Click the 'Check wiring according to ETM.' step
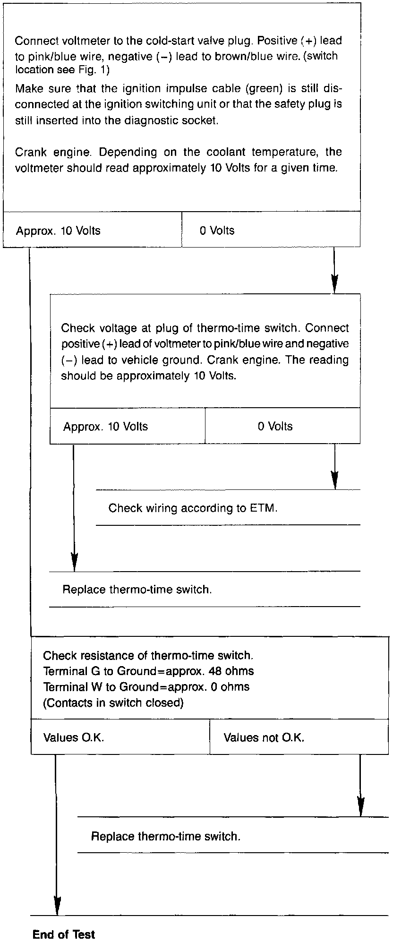point(193,508)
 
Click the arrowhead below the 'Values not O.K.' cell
point(360,808)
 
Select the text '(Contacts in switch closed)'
point(113,702)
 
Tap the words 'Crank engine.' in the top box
point(52,153)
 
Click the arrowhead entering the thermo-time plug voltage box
point(334,286)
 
